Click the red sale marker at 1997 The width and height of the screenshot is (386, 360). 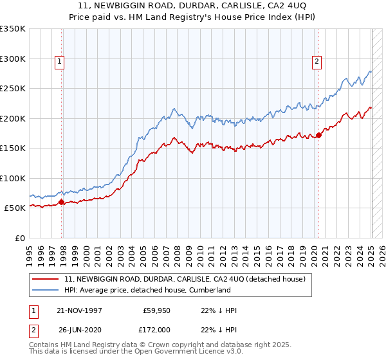62,202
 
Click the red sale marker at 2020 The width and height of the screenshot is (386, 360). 318,136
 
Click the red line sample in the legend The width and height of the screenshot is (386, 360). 46,279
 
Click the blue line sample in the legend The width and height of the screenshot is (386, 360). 46,290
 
